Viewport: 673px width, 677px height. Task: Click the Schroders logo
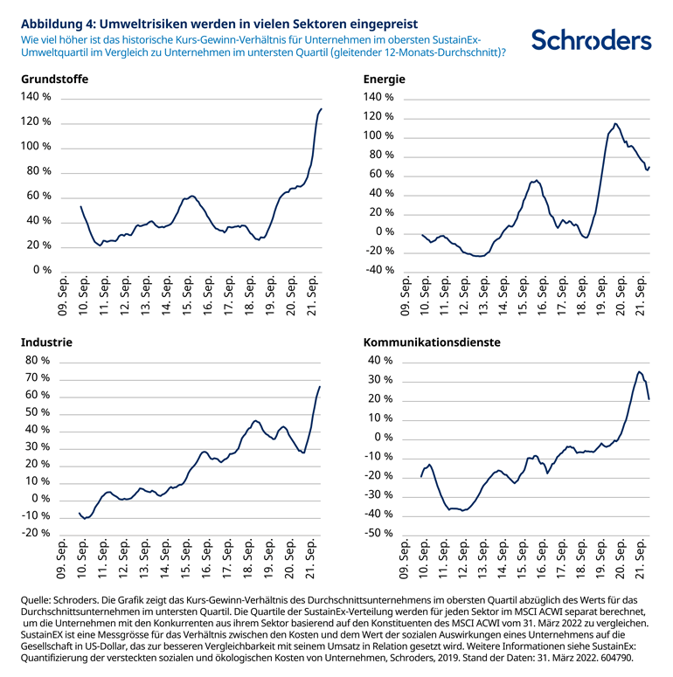591,40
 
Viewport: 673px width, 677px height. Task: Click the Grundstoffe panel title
54,79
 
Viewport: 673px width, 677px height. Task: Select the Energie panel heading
384,79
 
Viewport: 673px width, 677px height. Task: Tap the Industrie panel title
46,342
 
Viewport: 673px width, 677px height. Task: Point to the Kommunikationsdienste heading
432,342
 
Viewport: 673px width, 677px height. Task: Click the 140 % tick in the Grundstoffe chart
36,97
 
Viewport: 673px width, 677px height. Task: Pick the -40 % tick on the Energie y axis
378,270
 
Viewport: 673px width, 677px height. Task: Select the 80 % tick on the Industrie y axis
38,360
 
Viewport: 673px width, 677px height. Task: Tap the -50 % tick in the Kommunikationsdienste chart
378,533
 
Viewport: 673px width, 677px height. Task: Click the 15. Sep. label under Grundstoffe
187,296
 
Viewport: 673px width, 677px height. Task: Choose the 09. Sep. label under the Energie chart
406,296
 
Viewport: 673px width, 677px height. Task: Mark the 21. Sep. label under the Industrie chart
310,559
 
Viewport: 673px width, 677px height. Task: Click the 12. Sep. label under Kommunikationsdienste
463,559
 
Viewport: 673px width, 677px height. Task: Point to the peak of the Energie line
615,124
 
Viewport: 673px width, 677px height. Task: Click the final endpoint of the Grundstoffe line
322,109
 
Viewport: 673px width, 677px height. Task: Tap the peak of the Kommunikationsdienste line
639,371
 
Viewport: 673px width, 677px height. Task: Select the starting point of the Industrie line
79,513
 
